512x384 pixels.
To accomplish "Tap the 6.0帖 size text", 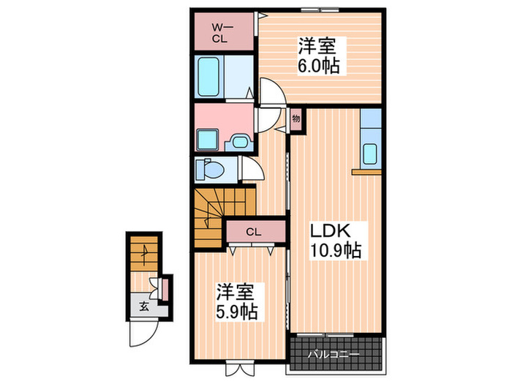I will tap(317, 65).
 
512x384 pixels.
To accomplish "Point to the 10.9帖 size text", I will tap(333, 250).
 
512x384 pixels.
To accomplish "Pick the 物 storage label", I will tap(297, 118).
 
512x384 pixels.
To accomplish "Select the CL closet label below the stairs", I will tap(253, 233).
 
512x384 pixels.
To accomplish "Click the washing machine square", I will tap(209, 138).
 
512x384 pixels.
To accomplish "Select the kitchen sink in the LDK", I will tap(370, 155).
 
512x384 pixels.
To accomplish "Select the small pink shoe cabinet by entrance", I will tap(165, 288).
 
